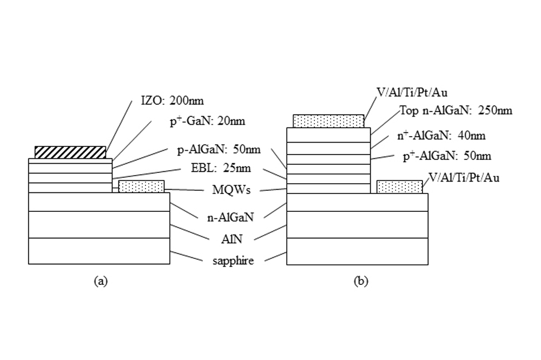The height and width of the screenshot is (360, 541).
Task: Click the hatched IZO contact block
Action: click(x=70, y=152)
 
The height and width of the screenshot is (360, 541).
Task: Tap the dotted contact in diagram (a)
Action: click(x=141, y=186)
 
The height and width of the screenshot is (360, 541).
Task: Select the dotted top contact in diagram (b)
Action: click(x=328, y=121)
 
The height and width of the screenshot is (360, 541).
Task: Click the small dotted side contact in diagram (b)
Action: click(x=400, y=187)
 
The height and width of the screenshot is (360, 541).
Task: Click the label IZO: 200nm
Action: click(x=173, y=101)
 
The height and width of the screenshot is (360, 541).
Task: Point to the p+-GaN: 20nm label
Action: click(x=207, y=121)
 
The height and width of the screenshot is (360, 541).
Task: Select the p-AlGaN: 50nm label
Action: click(x=219, y=150)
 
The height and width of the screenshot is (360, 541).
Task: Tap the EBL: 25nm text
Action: click(x=221, y=168)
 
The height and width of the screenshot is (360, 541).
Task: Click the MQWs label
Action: click(x=231, y=190)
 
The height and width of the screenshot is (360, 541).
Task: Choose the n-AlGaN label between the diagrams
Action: click(x=230, y=217)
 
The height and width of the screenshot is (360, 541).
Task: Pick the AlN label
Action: click(x=232, y=239)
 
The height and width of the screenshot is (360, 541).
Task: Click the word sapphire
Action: click(x=233, y=261)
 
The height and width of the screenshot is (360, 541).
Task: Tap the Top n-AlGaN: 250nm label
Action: click(x=456, y=111)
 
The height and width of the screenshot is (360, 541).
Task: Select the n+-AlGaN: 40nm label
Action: click(x=441, y=135)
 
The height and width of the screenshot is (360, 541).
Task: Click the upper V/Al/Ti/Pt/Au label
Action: click(x=412, y=92)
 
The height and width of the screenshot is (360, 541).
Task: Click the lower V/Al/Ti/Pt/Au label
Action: click(x=464, y=178)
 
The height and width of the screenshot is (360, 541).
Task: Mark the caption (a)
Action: click(x=101, y=282)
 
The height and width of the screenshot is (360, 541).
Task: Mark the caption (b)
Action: click(x=361, y=282)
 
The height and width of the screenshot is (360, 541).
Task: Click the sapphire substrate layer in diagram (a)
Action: click(x=99, y=251)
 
